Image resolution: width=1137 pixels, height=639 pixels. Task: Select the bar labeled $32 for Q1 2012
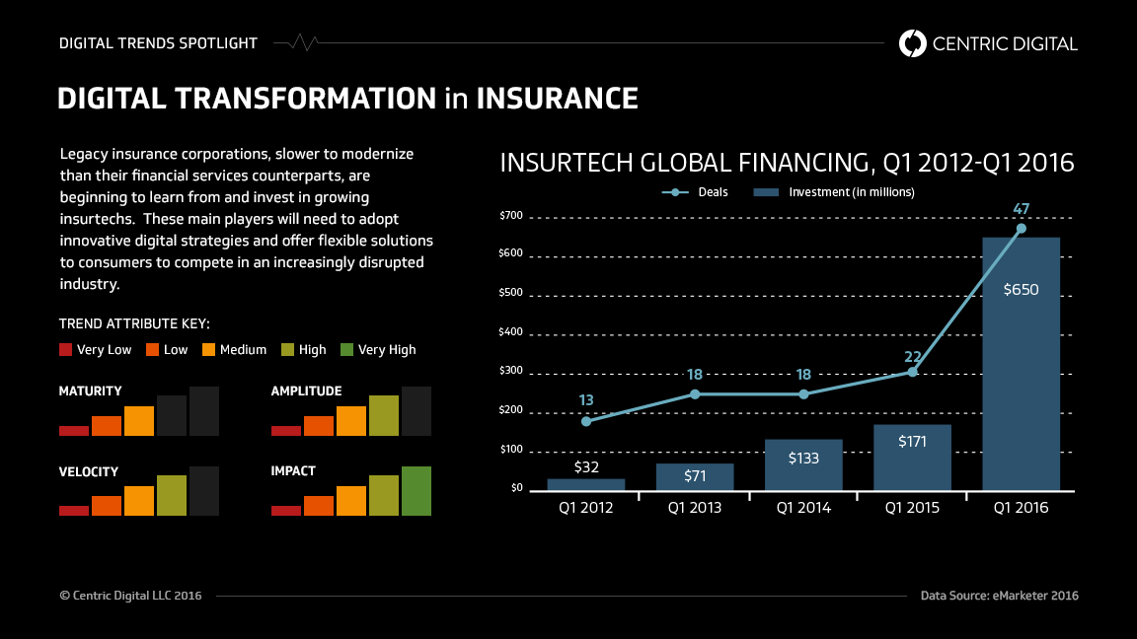click(586, 484)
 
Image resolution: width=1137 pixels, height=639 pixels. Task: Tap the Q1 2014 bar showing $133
click(803, 464)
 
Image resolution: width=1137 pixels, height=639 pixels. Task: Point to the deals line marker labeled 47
click(1022, 229)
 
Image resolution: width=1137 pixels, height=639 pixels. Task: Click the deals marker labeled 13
click(586, 421)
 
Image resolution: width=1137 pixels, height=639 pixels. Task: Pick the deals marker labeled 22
click(912, 372)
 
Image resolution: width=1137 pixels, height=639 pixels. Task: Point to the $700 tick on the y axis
click(511, 215)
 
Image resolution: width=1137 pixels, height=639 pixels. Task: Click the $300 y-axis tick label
click(511, 371)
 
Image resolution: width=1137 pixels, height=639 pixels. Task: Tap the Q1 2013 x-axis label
click(695, 509)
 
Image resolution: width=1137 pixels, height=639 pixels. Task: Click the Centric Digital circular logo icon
click(913, 43)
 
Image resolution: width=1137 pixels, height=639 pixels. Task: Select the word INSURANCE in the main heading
click(557, 99)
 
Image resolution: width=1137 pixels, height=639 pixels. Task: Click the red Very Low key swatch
click(66, 349)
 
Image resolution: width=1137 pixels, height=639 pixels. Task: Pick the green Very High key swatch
click(346, 349)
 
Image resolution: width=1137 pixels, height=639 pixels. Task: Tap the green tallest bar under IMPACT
click(417, 491)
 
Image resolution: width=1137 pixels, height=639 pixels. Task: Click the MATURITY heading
click(91, 391)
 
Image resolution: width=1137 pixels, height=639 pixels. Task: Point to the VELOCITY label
click(89, 471)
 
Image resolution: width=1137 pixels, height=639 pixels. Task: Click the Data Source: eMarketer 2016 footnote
click(999, 596)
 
